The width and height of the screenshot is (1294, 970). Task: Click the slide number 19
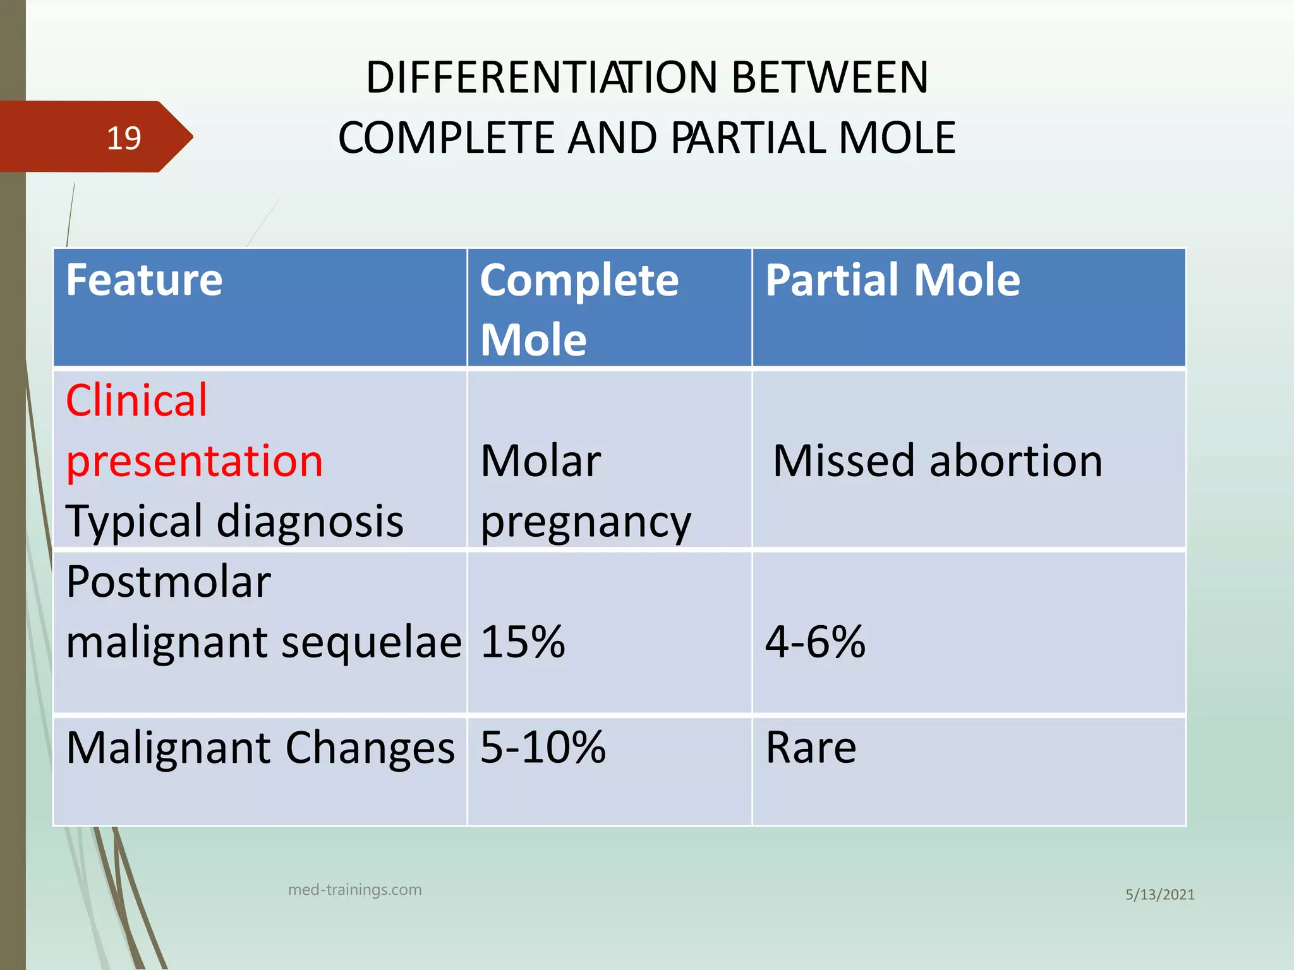123,138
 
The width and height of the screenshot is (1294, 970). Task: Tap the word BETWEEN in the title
830,78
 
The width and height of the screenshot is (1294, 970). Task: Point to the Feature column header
144,280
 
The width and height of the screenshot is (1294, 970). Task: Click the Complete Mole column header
578,309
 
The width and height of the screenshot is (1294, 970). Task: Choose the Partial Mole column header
892,280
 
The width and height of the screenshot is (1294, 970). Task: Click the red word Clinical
136,400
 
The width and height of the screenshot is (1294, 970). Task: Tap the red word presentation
195,460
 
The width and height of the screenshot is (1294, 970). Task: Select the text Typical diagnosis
234,521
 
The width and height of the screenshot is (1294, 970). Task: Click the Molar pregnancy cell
584,491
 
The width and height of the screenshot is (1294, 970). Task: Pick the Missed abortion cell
937,460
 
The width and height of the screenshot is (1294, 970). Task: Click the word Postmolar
168,582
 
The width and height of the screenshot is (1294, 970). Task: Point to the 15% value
523,642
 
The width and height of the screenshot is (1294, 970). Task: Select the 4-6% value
814,642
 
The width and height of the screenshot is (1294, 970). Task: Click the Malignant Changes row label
260,748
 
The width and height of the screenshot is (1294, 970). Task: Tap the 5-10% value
543,748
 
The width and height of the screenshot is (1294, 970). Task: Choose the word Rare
811,748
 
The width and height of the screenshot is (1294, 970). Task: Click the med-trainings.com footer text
354,890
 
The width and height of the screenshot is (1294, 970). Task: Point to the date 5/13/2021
1159,894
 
